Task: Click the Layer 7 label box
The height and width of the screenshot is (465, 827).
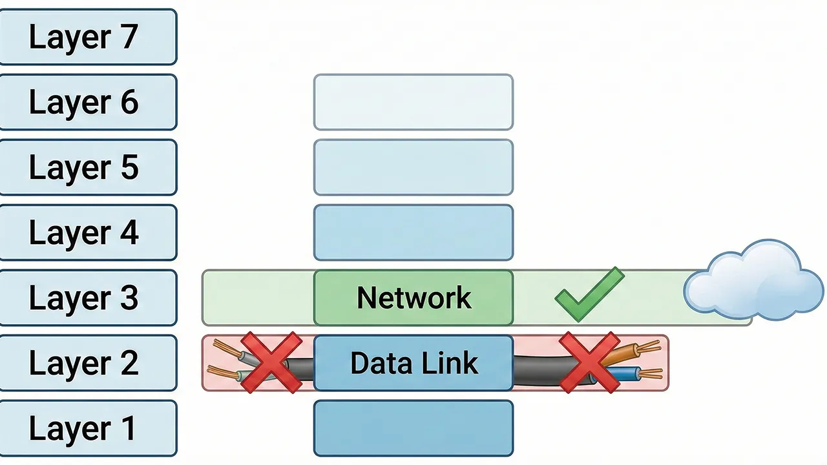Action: (87, 37)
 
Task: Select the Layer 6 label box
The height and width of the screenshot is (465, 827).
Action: (87, 102)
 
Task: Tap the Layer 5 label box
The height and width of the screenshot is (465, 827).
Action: (87, 167)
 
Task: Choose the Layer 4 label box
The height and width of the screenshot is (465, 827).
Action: (87, 232)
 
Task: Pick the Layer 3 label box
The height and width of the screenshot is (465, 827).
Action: (87, 298)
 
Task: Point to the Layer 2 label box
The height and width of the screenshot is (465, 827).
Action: (87, 363)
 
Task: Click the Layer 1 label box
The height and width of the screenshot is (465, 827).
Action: (87, 428)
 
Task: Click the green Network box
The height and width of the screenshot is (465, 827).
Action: (413, 298)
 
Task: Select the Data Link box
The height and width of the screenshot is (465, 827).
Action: (413, 363)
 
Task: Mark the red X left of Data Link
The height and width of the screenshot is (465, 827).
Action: (271, 362)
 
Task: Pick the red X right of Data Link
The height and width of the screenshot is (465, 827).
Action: (589, 362)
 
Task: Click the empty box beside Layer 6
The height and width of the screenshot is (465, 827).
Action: (413, 102)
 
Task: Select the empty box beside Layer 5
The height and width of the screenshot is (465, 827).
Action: (413, 167)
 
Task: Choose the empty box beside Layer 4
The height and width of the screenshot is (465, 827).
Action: (413, 232)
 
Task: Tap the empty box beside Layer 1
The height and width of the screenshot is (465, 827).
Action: (413, 428)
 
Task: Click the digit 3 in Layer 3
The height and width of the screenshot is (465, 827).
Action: (127, 298)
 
